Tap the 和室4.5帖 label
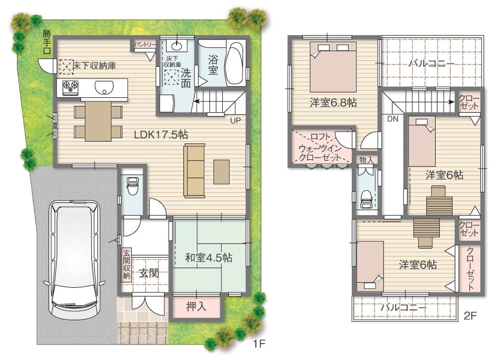tap(209, 257)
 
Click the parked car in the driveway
tap(75, 259)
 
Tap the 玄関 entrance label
tap(148, 272)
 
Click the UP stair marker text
tap(236, 119)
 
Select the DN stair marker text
tap(392, 119)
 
